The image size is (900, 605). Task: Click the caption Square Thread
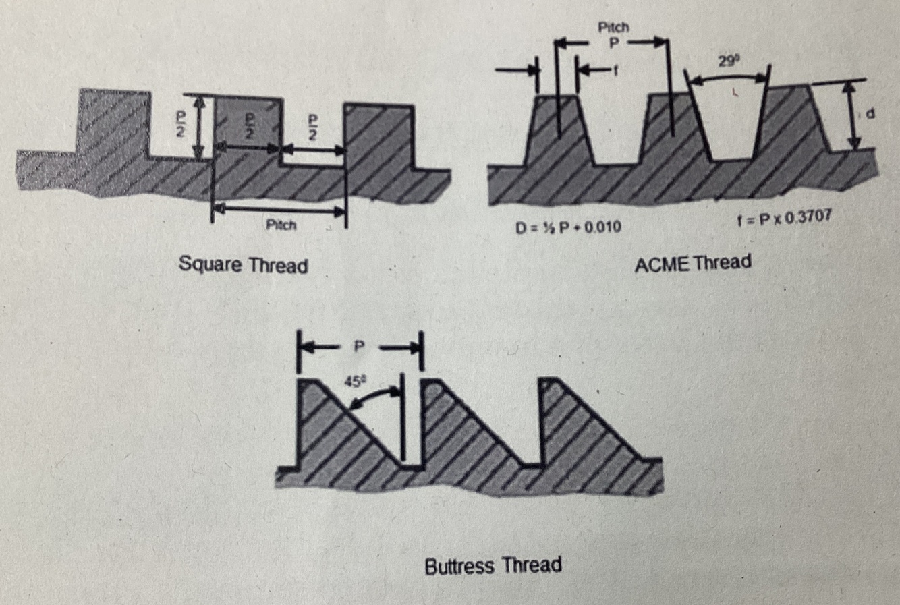(x=243, y=264)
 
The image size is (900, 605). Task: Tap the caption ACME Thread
(x=692, y=263)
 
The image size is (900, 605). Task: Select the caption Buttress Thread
(x=493, y=565)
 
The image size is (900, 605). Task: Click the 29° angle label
(x=728, y=61)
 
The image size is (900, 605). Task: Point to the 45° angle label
(x=354, y=381)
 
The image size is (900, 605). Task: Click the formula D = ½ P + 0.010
(x=568, y=227)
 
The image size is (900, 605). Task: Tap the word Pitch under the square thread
(x=281, y=225)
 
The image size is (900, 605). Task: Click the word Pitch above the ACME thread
(x=613, y=28)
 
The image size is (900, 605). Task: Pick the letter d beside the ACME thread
(x=870, y=115)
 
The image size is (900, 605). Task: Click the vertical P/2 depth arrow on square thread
(x=198, y=127)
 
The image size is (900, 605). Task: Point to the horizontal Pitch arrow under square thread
(x=279, y=210)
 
